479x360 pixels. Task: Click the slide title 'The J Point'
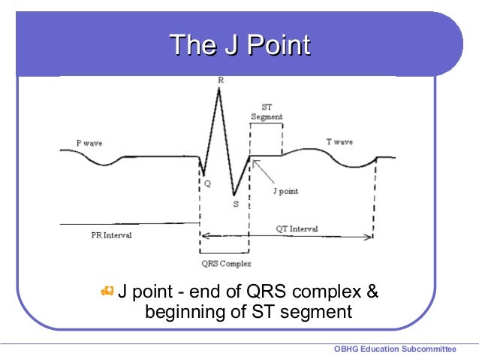(239, 46)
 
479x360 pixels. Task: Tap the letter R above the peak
(220, 79)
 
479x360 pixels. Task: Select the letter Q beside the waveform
(207, 182)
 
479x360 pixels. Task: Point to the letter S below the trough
(236, 203)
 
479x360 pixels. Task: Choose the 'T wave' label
(339, 141)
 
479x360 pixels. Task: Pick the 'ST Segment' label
(267, 112)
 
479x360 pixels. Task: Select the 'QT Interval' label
(297, 228)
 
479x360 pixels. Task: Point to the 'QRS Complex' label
(226, 264)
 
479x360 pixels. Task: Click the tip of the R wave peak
(218, 89)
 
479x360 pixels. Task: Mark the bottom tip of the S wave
(233, 194)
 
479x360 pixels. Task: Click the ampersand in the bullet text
(372, 291)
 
